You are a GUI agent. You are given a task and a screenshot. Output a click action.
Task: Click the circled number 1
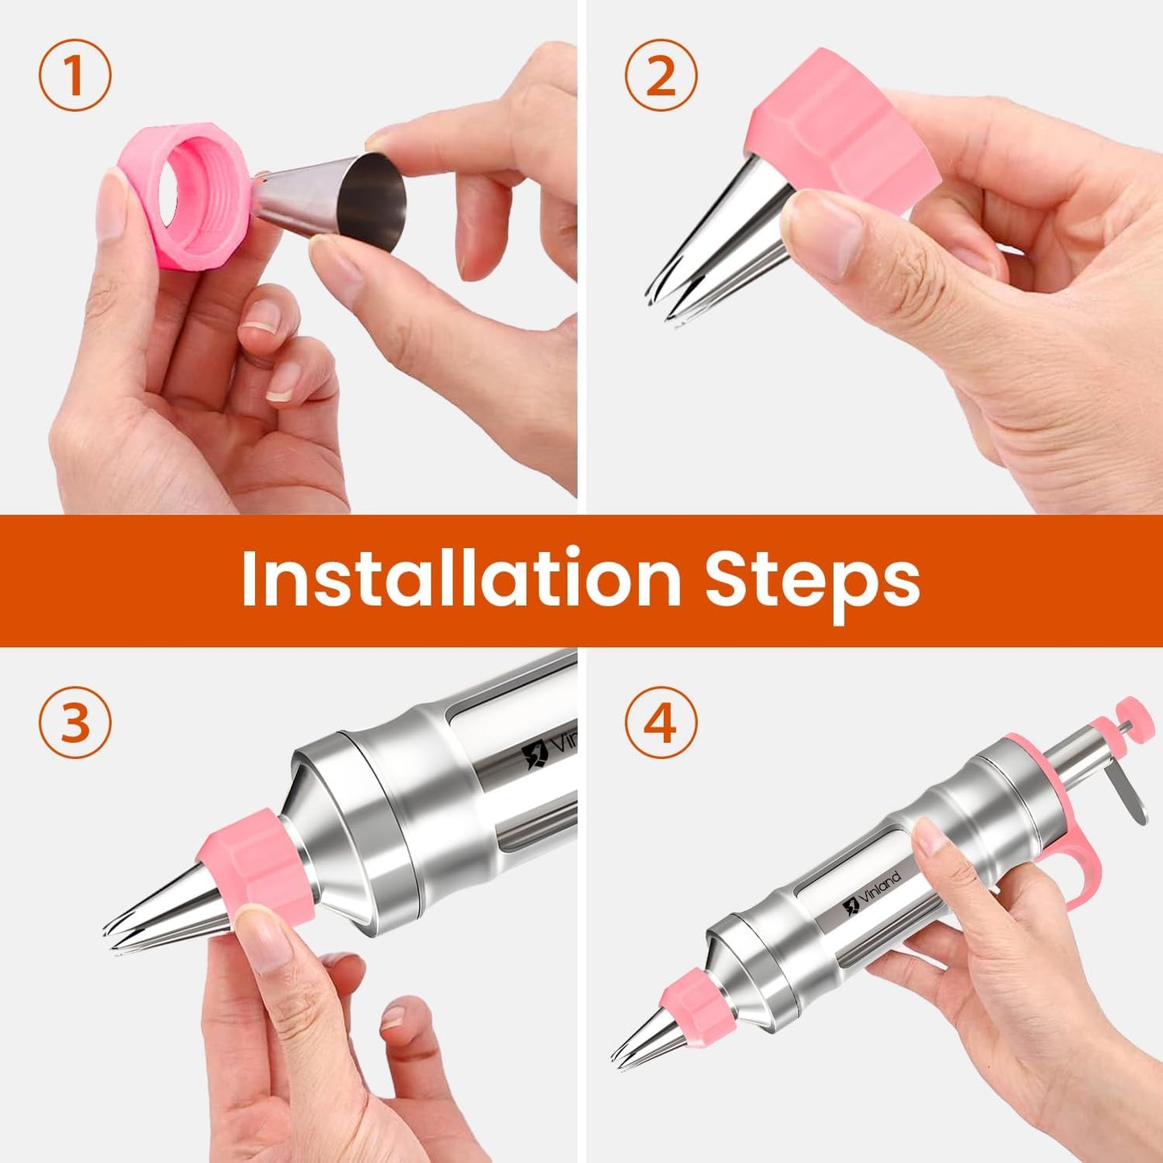click(74, 76)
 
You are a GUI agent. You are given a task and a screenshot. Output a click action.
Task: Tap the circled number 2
click(661, 76)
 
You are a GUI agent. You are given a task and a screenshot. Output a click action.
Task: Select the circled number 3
click(74, 722)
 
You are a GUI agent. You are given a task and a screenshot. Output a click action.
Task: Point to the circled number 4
click(661, 722)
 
